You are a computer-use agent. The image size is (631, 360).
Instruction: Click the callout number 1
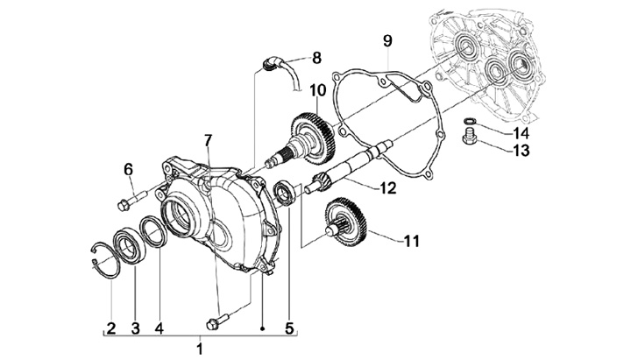pos(199,349)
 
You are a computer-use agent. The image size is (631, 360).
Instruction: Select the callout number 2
pos(110,328)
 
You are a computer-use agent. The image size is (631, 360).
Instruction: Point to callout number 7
pos(208,140)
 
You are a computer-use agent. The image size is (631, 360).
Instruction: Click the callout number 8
pos(315,58)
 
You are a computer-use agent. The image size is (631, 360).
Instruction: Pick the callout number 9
pos(387,40)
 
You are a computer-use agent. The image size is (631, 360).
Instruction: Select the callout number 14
pos(521,133)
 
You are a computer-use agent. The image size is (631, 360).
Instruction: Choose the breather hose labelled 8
pos(280,67)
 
